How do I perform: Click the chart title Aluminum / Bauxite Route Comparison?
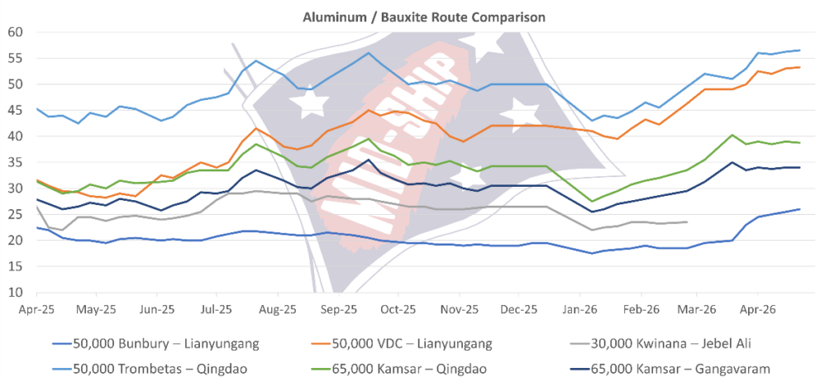(x=419, y=16)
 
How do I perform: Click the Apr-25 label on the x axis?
(x=36, y=311)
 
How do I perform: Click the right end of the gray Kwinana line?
(x=686, y=222)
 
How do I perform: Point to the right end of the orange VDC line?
(x=800, y=67)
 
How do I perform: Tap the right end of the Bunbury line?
(x=800, y=209)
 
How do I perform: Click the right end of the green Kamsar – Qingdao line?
(x=800, y=143)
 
